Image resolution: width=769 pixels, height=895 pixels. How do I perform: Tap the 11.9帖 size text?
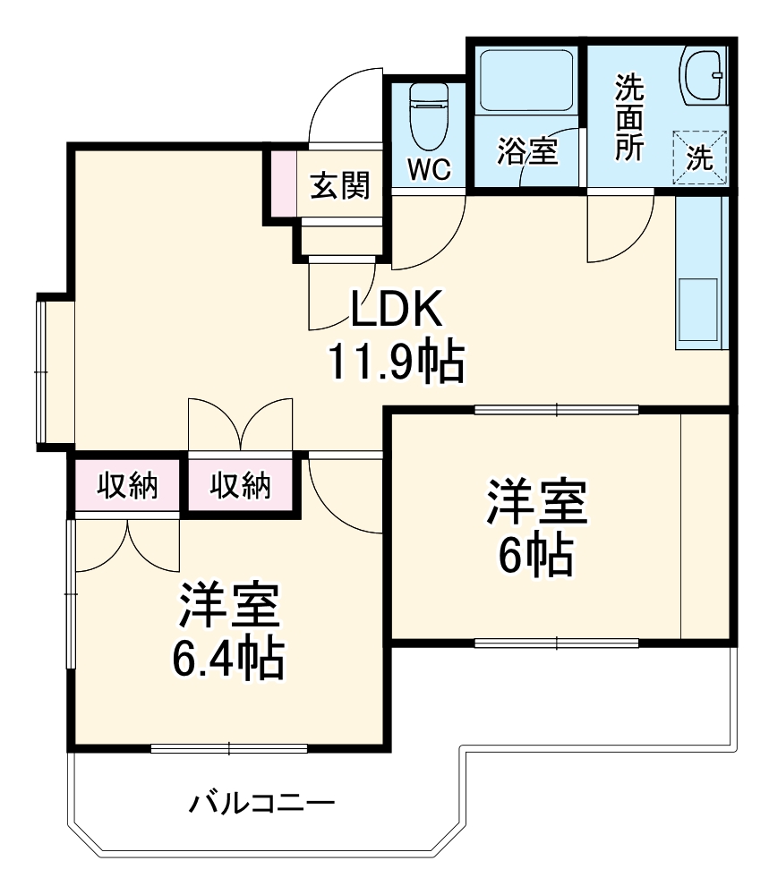pos(396,362)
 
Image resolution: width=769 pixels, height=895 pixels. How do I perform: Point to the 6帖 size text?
pos(535,557)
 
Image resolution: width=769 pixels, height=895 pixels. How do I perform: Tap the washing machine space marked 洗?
pos(700,158)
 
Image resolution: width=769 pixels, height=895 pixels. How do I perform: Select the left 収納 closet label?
pos(128,486)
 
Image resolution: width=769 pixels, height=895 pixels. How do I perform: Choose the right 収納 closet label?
pos(241,486)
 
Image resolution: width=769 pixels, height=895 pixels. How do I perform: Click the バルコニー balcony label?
pos(261,802)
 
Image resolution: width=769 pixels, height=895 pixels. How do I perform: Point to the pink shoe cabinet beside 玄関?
pos(283,183)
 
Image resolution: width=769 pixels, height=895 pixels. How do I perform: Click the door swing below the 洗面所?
pos(618,228)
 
